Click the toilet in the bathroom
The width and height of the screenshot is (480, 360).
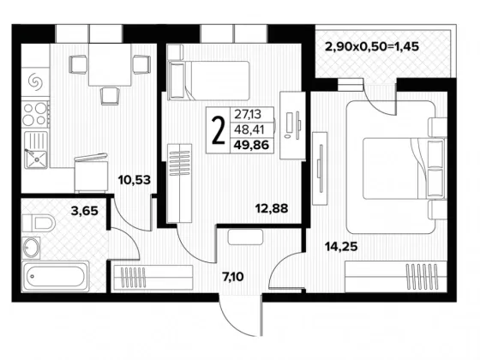[x=39, y=223]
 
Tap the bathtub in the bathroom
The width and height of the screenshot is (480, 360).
[x=56, y=277]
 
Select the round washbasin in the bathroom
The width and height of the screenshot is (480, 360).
[x=31, y=248]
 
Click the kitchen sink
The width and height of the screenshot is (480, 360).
[x=36, y=150]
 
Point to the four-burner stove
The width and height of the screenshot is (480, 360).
[x=35, y=114]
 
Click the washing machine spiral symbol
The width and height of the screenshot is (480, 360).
[x=34, y=81]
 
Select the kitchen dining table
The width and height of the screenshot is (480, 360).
[x=110, y=64]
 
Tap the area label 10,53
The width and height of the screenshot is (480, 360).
[x=135, y=180]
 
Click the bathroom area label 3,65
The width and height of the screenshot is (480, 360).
[x=85, y=211]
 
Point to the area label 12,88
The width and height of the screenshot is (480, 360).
[x=272, y=208]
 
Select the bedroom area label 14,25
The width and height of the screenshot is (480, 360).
[x=341, y=246]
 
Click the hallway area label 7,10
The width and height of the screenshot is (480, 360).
[x=233, y=277]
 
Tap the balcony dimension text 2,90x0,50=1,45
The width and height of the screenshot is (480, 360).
[x=372, y=47]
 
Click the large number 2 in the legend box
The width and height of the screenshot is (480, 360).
[x=218, y=130]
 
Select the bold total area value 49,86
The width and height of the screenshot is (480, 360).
[x=251, y=145]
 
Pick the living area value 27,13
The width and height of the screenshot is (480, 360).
[x=248, y=114]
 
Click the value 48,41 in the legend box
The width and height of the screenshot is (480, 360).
[x=249, y=129]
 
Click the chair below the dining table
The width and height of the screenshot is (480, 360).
[x=110, y=96]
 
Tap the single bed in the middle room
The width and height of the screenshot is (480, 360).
[x=208, y=81]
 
